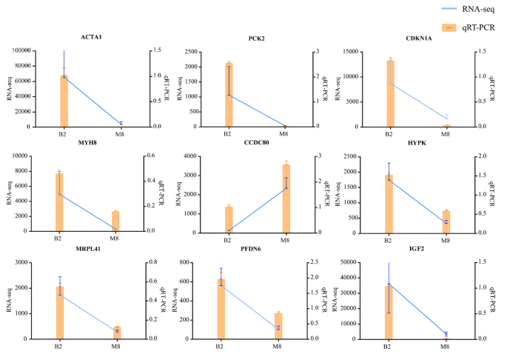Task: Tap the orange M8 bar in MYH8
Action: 115,221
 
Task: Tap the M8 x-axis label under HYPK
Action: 446,240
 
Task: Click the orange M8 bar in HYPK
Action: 446,221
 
